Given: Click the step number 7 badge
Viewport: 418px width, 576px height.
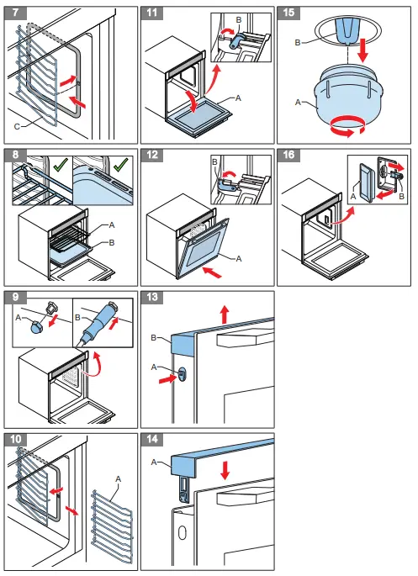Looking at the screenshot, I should pos(13,14).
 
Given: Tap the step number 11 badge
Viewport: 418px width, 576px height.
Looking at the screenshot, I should pos(151,14).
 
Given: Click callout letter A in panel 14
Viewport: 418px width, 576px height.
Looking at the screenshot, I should pos(154,462).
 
